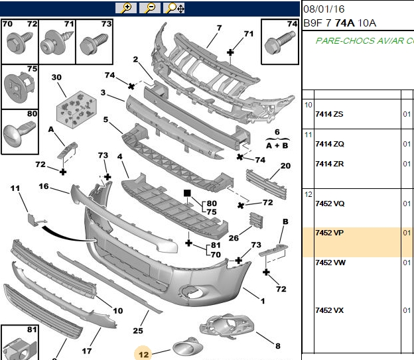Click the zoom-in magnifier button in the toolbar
point(126,8)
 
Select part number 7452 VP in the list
point(329,233)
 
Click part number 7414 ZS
point(329,114)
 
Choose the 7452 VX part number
point(330,310)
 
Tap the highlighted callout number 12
point(143,354)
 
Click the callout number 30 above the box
point(56,78)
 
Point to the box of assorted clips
point(76,109)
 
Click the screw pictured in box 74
point(279,42)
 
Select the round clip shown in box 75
point(19,86)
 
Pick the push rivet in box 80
point(19,133)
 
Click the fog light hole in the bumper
point(191,291)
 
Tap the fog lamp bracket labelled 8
point(226,326)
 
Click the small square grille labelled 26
point(256,219)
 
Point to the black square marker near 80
point(187,193)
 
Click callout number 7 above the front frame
point(219,28)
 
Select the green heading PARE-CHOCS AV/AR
point(365,41)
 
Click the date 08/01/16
point(324,9)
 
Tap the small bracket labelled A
point(68,150)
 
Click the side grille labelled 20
point(267,184)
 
